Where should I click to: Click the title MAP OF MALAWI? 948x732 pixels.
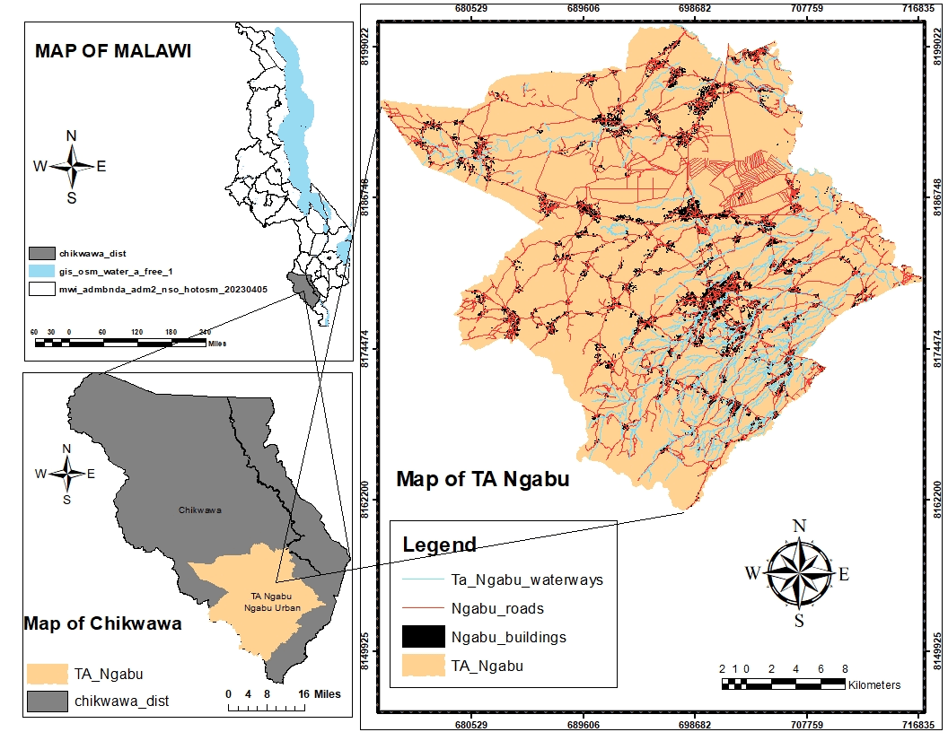pyautogui.click(x=113, y=51)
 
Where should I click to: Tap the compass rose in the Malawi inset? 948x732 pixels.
pyautogui.click(x=71, y=166)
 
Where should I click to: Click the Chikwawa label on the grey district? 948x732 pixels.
pyautogui.click(x=199, y=510)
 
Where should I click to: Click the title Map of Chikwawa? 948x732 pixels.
pyautogui.click(x=102, y=623)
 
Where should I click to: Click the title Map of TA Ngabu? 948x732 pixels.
pyautogui.click(x=483, y=479)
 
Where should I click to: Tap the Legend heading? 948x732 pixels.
pyautogui.click(x=439, y=545)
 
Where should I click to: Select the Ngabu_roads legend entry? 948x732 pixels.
pyautogui.click(x=497, y=608)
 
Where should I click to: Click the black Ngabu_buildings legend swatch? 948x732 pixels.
pyautogui.click(x=424, y=637)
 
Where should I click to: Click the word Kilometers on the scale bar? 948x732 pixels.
pyautogui.click(x=874, y=684)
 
